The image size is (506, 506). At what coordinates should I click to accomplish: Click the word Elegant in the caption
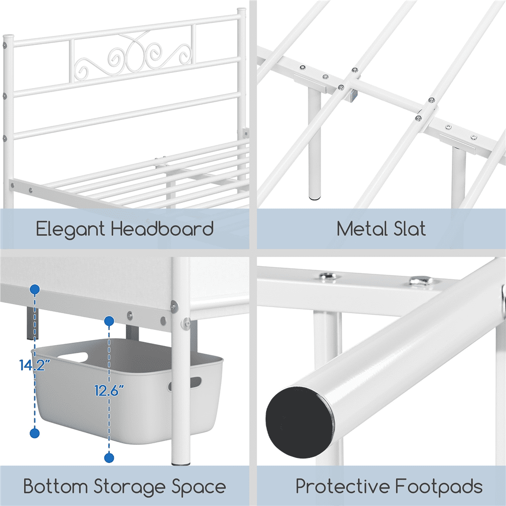(x=71, y=229)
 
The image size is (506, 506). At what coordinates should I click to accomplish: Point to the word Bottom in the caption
(x=55, y=487)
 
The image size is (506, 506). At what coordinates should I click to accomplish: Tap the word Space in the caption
(x=199, y=488)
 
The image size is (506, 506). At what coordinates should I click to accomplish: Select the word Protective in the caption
(x=341, y=487)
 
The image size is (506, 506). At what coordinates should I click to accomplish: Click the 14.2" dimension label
(x=35, y=365)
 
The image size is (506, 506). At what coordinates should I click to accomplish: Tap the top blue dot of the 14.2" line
(x=35, y=289)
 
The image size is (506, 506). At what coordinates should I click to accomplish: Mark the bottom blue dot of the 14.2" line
(x=35, y=433)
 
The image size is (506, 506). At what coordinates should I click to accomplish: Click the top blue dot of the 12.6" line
(x=109, y=321)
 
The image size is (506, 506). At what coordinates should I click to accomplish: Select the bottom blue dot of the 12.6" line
(x=109, y=458)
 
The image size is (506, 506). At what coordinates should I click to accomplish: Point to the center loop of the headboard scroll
(x=135, y=53)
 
